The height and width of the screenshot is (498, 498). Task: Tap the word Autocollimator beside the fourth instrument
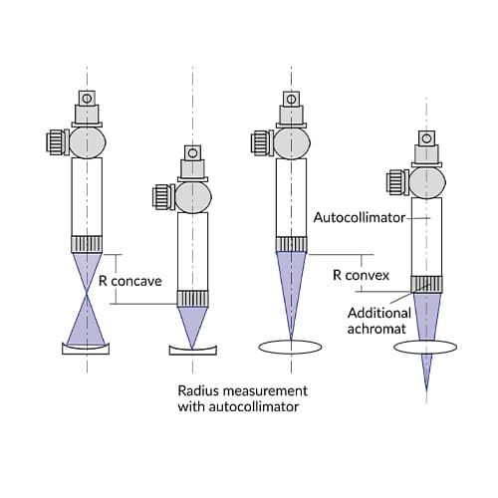coord(360,216)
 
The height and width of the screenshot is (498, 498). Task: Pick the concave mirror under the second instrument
coord(193,349)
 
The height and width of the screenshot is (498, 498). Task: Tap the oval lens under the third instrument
coord(291,347)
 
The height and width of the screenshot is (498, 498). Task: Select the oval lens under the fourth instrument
coord(425,347)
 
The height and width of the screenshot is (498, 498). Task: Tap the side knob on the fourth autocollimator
coord(396,182)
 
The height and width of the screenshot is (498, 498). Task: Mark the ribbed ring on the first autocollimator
coord(87,244)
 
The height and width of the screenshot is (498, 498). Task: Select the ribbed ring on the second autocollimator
coord(193,297)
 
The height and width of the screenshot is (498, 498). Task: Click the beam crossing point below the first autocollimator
coord(87,298)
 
